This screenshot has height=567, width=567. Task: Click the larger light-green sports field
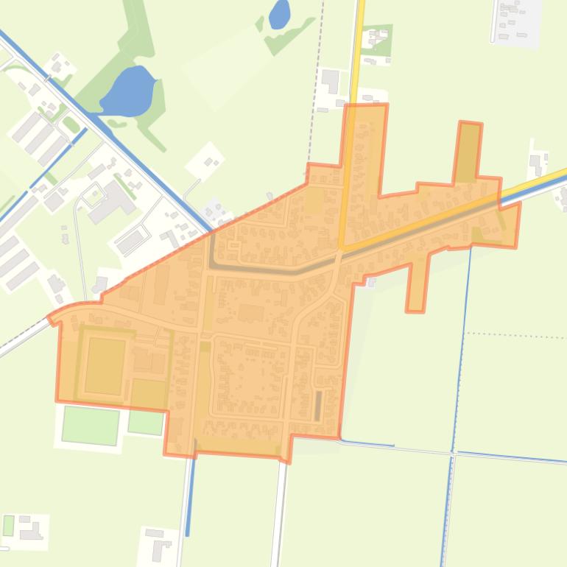pyautogui.click(x=91, y=425)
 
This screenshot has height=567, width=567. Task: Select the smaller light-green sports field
pyautogui.click(x=146, y=421)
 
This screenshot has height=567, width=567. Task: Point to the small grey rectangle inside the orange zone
pyautogui.click(x=318, y=405)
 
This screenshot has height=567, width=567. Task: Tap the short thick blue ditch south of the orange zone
pyautogui.click(x=191, y=490)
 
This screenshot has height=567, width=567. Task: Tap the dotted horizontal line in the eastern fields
pyautogui.click(x=515, y=336)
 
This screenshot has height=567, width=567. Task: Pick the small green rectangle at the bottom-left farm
pyautogui.click(x=8, y=525)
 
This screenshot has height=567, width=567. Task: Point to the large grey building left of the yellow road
pyautogui.click(x=330, y=80)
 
